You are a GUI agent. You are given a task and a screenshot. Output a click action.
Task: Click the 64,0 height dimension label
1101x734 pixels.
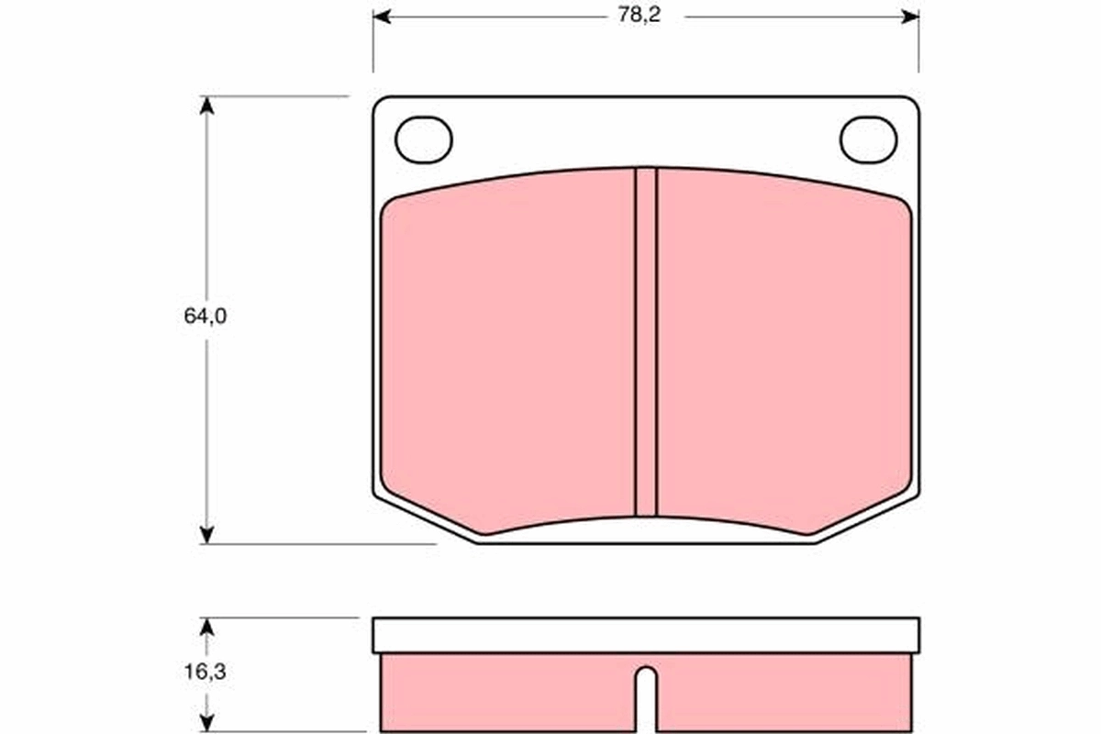click(x=205, y=317)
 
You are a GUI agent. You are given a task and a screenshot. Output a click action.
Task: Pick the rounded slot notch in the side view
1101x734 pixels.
click(x=646, y=693)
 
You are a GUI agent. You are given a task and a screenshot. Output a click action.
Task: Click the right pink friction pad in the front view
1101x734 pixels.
click(x=784, y=349)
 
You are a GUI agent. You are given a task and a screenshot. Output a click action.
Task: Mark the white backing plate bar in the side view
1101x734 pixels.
click(x=646, y=634)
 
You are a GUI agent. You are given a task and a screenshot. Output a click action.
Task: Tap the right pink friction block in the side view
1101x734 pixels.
click(x=784, y=693)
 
